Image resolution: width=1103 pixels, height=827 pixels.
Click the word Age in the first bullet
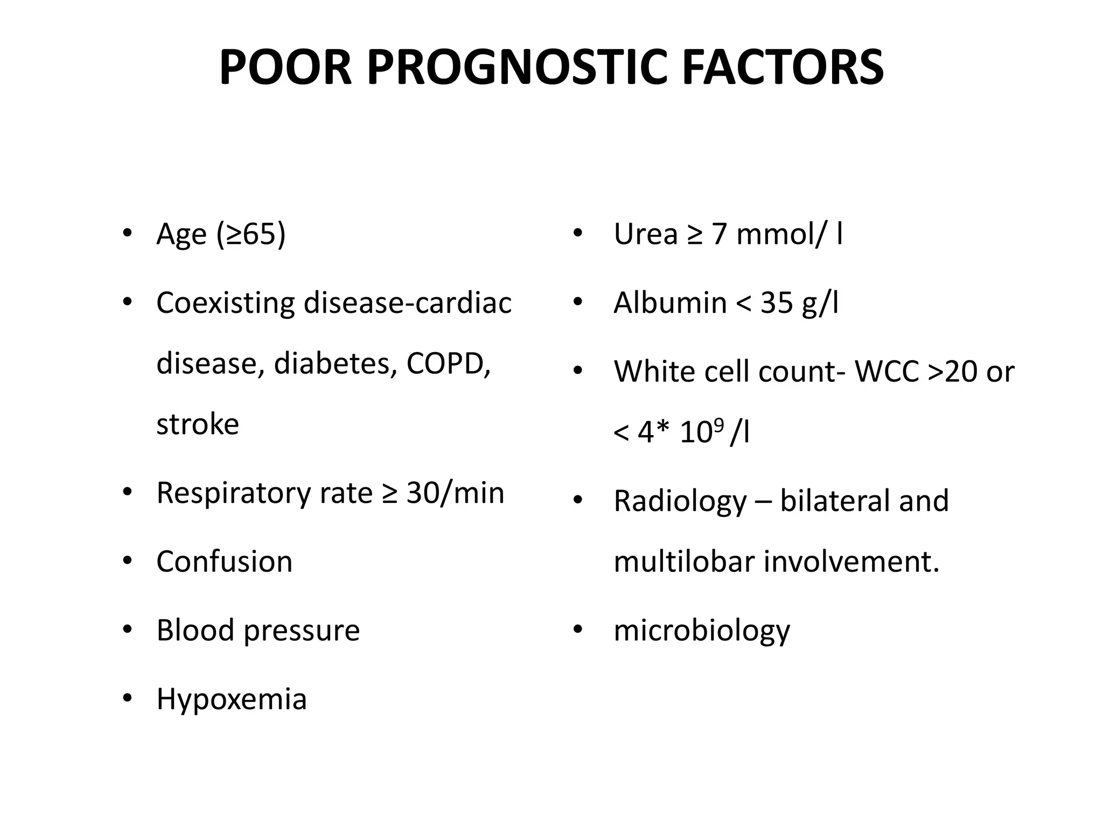point(181,235)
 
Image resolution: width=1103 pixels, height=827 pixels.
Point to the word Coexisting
point(225,304)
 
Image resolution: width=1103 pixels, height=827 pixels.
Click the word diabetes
point(335,364)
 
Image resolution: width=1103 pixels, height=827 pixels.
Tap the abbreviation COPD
point(448,364)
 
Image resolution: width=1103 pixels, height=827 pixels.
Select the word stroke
point(198,424)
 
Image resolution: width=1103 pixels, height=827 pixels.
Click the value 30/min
point(455,493)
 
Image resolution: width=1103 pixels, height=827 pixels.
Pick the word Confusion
point(225,562)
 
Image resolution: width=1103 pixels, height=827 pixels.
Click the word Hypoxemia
point(232,699)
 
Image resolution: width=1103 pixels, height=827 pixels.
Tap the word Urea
point(645,235)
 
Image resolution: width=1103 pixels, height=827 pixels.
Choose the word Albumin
point(670,303)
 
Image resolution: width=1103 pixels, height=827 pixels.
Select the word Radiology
point(680,501)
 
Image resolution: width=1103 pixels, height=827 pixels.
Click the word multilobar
point(684,562)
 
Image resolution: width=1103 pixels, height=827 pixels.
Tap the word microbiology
point(702,630)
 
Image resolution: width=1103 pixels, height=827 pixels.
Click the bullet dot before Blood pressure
point(127,629)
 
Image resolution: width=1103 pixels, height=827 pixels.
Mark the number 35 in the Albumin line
point(776,303)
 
